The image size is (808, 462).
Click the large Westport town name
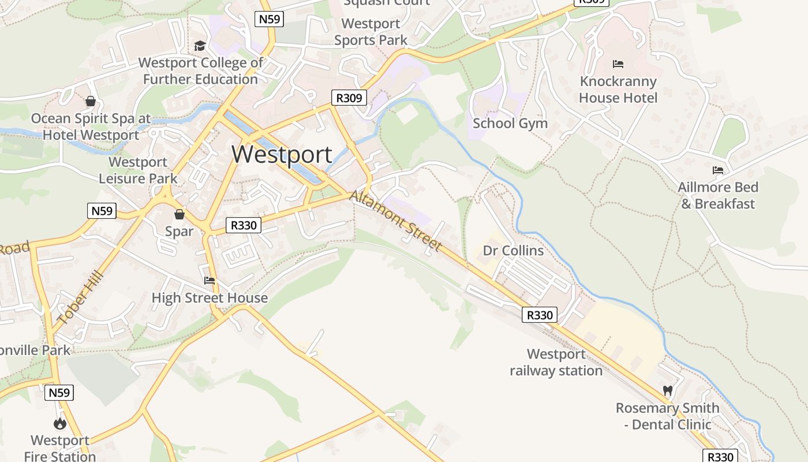(x=282, y=154)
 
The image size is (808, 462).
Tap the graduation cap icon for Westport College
(x=200, y=46)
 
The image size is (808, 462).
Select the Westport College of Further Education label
(x=201, y=70)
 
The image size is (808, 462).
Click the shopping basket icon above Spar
(x=179, y=214)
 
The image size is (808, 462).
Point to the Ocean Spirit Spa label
(x=91, y=126)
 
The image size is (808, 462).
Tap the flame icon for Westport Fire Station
(x=60, y=424)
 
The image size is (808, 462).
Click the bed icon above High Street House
(x=210, y=281)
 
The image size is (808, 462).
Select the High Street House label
(x=210, y=298)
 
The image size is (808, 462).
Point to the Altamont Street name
(x=396, y=221)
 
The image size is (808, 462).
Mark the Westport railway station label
(x=556, y=362)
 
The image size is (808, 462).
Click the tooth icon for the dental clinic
(x=668, y=391)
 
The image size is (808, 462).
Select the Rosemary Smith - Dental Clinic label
(x=667, y=416)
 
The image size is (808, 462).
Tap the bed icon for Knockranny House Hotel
(x=618, y=64)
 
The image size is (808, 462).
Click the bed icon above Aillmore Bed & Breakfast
(x=718, y=170)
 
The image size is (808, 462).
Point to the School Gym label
(x=510, y=123)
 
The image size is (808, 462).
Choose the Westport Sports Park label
(x=371, y=32)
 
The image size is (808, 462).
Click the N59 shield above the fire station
(x=59, y=393)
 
